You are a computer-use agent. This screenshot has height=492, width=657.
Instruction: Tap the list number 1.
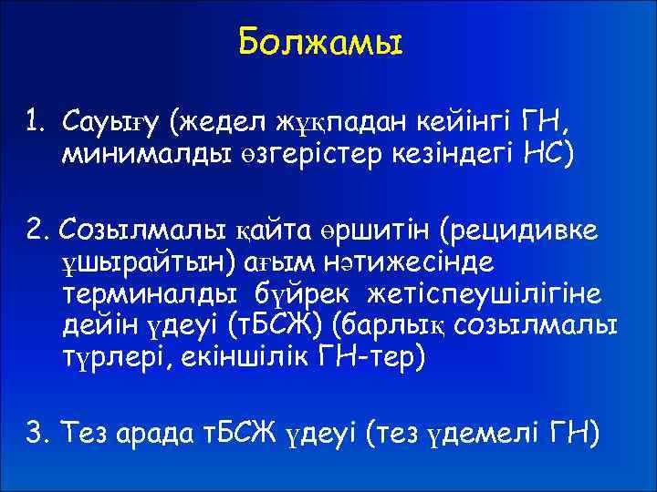(33, 121)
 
